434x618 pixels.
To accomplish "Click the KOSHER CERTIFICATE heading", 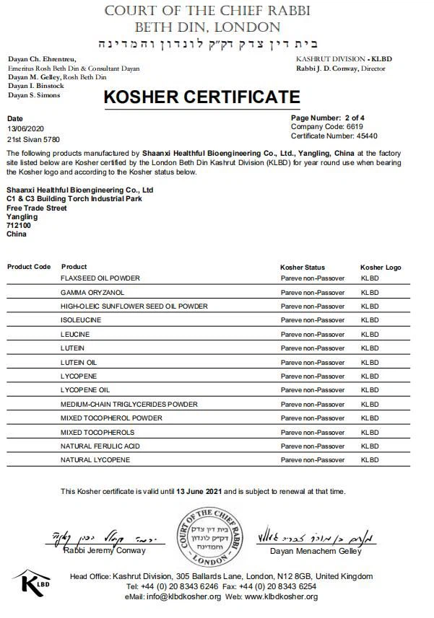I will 201,97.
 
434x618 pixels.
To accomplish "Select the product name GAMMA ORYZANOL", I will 92,292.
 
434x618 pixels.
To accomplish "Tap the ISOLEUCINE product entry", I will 81,320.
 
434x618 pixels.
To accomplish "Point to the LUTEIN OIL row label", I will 79,362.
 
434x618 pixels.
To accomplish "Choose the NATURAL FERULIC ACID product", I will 100,446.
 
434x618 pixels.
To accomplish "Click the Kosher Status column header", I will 303,268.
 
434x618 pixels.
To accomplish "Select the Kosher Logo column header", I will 381,268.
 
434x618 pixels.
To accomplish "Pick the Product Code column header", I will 29,267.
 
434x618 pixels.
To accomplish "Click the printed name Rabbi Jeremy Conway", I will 104,551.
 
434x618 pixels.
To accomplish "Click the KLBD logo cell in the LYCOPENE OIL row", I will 370,390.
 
